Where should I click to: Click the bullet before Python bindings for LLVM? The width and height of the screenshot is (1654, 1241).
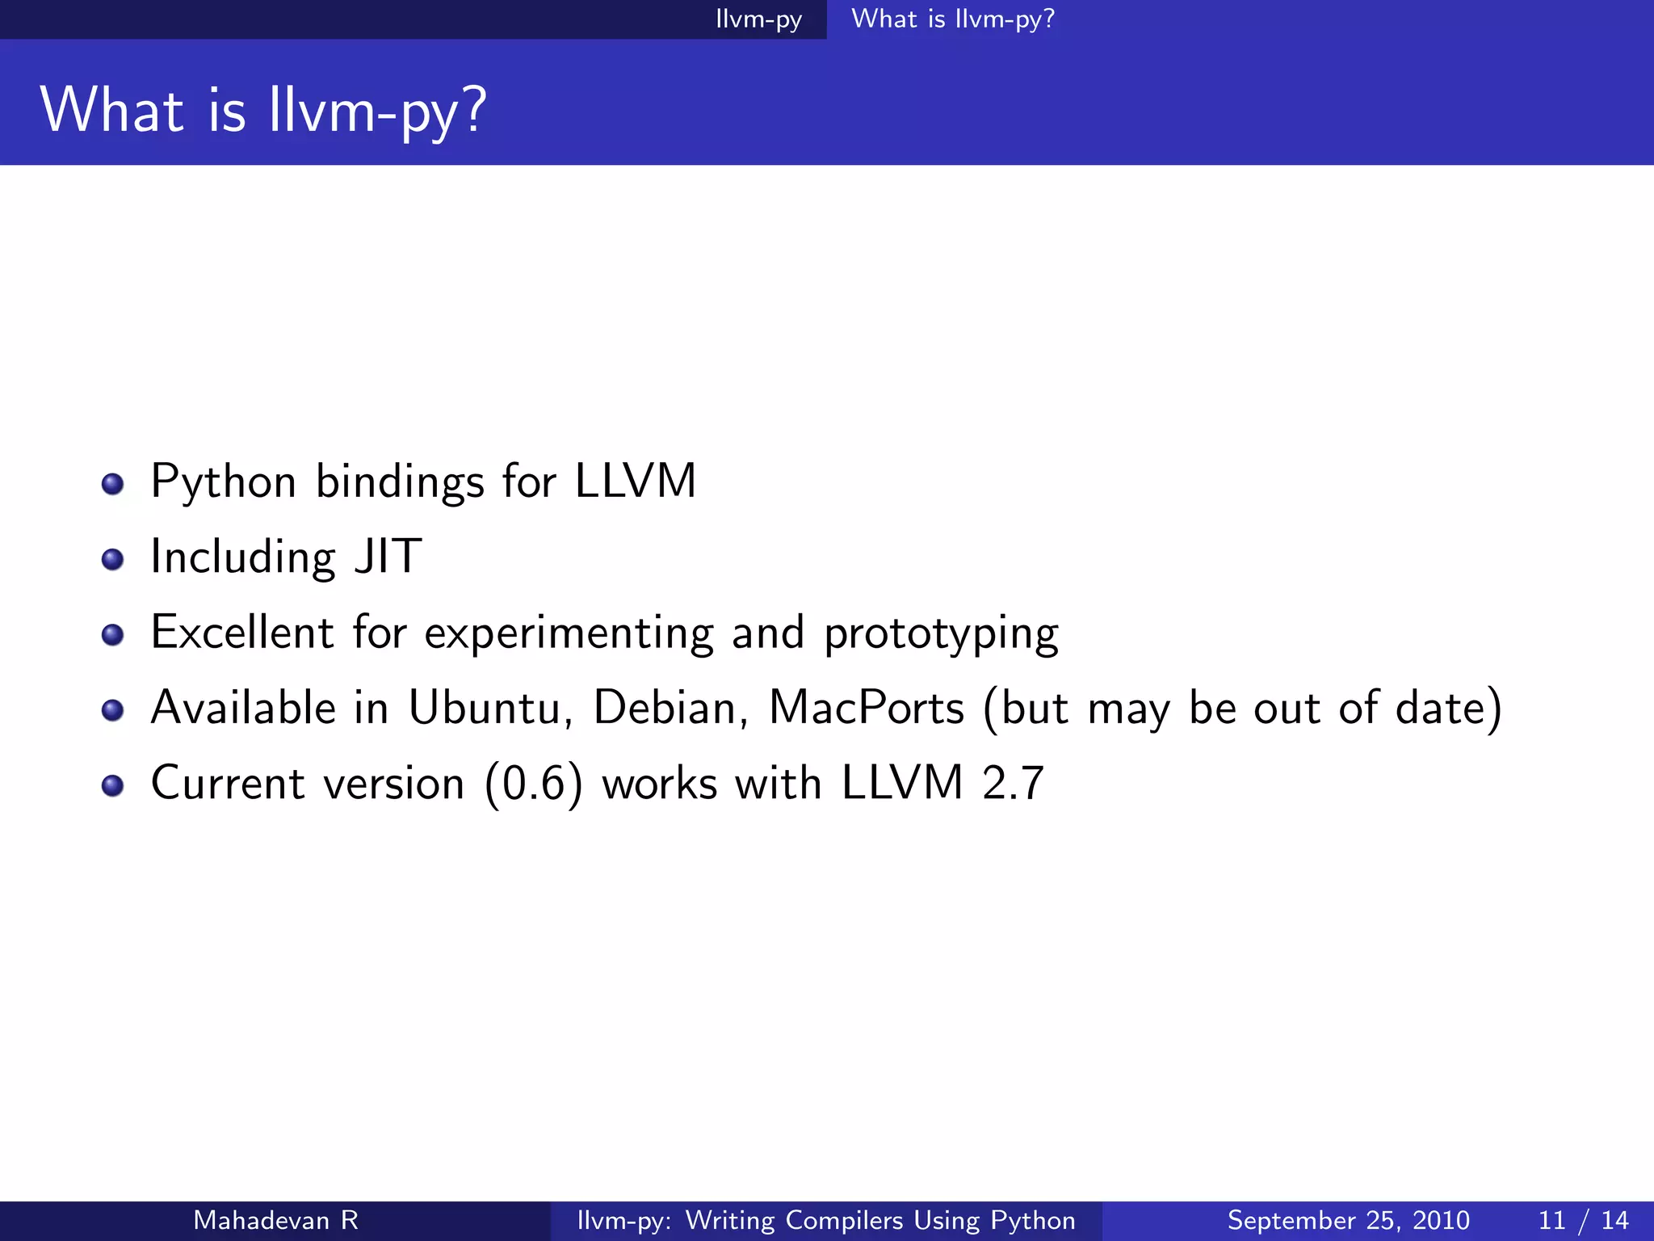pos(112,484)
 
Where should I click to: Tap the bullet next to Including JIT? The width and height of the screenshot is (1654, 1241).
pos(112,559)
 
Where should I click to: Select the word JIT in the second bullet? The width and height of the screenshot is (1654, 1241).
pos(388,557)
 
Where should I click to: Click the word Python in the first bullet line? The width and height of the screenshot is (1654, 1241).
pos(224,483)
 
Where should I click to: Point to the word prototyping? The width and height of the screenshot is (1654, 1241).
pos(941,634)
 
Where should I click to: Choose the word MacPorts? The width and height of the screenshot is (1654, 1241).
pos(867,709)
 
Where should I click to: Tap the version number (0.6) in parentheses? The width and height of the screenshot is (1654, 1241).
pos(533,784)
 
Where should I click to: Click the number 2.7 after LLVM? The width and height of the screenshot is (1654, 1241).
pos(1013,784)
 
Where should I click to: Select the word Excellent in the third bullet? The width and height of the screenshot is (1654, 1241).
pos(242,633)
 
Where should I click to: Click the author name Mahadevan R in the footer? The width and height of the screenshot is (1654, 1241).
pos(275,1220)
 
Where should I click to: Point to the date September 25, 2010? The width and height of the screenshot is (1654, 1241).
pos(1348,1220)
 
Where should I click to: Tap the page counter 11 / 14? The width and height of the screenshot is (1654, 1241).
pos(1583,1220)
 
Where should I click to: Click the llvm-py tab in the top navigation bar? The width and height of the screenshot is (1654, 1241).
pos(758,19)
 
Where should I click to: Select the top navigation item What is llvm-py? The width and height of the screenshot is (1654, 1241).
pos(953,19)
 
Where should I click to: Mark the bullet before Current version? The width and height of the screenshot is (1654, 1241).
pos(112,785)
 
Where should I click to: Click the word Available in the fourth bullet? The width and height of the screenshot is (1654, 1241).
pos(243,709)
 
